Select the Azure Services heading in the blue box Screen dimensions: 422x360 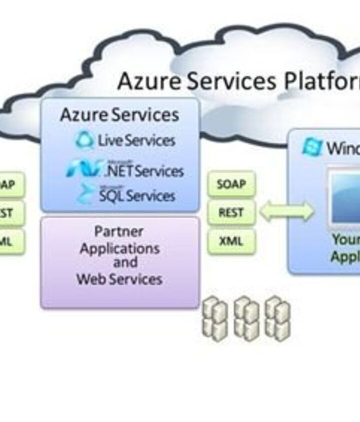119,115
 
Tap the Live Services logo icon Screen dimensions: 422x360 84,140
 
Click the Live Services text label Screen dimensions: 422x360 136,140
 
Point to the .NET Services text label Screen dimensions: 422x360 144,171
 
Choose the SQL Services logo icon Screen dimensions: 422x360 86,194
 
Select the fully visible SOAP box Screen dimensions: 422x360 231,185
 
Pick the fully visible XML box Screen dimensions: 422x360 231,242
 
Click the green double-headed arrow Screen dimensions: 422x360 286,212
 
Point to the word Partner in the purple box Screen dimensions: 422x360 119,232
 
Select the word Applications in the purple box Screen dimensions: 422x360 120,248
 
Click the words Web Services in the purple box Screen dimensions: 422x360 119,279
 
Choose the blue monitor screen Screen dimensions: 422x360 346,197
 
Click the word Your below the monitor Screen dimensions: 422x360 346,240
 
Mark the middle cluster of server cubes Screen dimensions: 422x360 246,318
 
